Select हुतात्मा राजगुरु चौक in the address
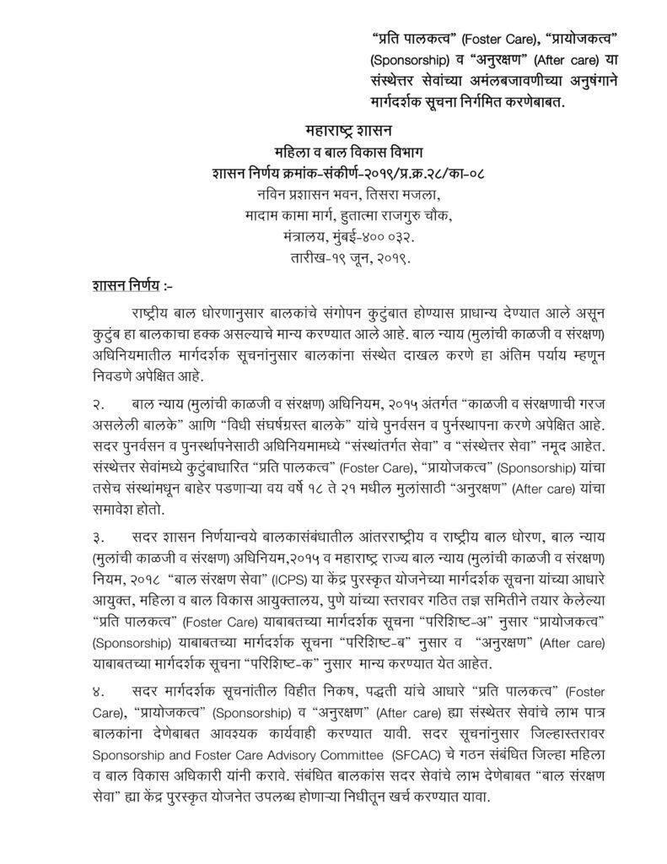coord(403,214)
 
